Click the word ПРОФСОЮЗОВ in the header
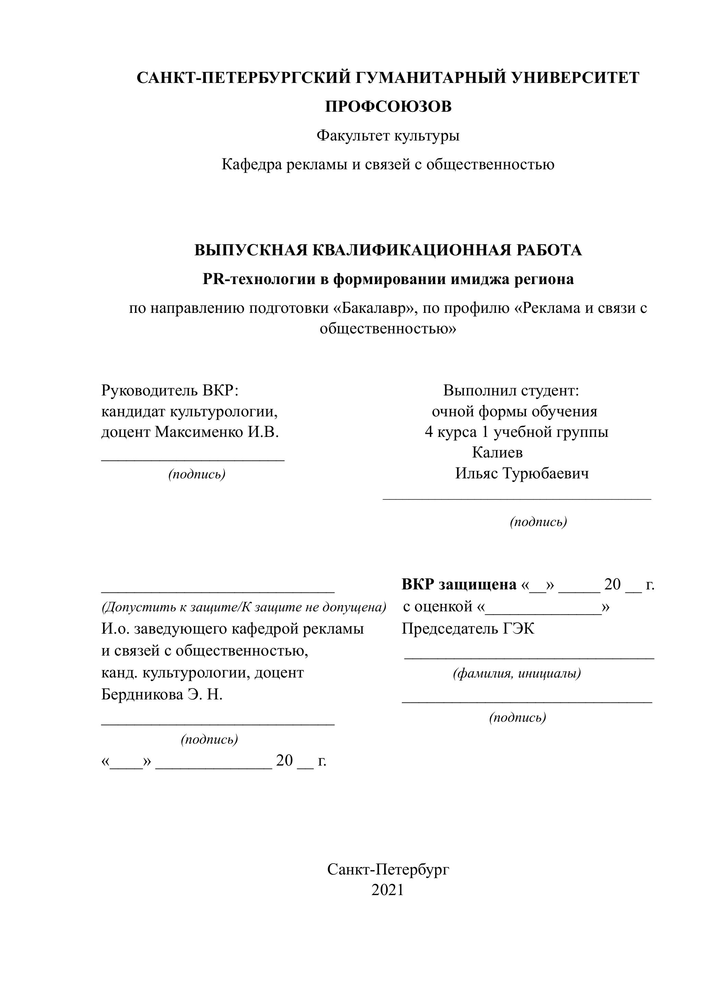[x=388, y=107]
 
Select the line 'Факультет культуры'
[x=388, y=136]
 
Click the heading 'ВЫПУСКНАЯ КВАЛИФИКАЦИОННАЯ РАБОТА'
[x=388, y=250]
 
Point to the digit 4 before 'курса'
[x=428, y=432]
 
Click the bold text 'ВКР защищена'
[x=459, y=584]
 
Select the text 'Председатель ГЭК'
[x=468, y=629]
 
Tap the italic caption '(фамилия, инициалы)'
[x=517, y=673]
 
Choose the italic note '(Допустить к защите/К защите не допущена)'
[x=244, y=607]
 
